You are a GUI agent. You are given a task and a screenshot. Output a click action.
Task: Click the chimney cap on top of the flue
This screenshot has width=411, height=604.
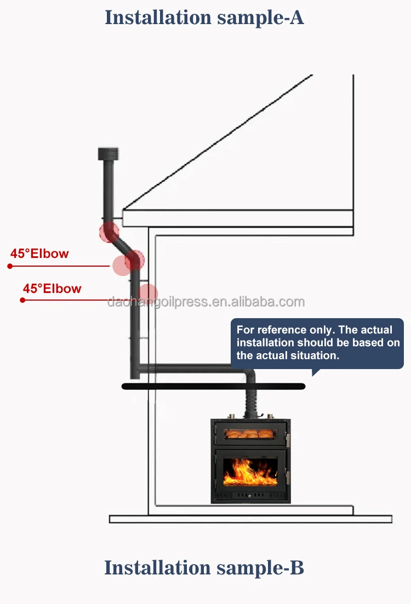pyautogui.click(x=107, y=153)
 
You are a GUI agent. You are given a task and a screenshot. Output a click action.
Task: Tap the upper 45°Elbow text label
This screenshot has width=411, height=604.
pyautogui.click(x=40, y=254)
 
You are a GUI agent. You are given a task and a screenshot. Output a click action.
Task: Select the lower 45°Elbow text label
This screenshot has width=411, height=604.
pyautogui.click(x=52, y=288)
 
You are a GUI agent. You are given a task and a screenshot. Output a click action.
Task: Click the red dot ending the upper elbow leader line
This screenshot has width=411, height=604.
pyautogui.click(x=9, y=266)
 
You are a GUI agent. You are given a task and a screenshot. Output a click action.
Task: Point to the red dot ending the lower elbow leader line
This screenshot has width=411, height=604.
pyautogui.click(x=22, y=300)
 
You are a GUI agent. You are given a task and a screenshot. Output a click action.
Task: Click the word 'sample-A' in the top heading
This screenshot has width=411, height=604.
pyautogui.click(x=260, y=18)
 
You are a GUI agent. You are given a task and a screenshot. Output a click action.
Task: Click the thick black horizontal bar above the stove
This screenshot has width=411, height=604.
pyautogui.click(x=213, y=387)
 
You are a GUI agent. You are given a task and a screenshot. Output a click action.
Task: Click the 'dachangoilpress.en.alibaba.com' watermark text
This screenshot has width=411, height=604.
pyautogui.click(x=206, y=301)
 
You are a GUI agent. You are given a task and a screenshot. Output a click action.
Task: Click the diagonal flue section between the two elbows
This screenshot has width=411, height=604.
pyautogui.click(x=122, y=244)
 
